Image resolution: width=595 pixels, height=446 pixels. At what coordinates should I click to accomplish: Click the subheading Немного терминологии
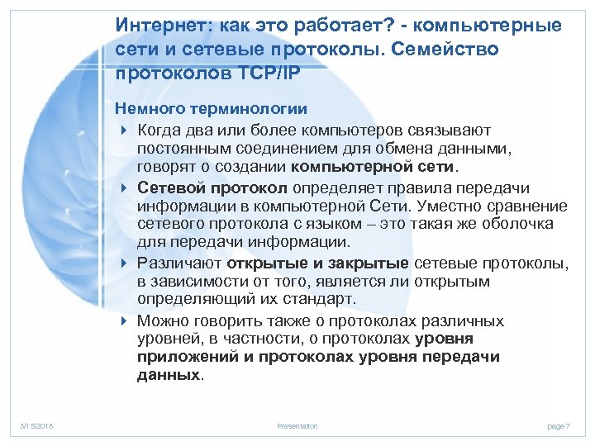coord(212,108)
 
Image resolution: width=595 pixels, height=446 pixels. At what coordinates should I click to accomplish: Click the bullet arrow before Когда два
coord(123,129)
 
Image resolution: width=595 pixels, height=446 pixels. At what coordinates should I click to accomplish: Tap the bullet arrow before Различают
coord(123,263)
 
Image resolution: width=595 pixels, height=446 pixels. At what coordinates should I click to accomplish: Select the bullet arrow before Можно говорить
coord(123,321)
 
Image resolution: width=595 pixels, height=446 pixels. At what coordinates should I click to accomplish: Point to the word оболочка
coord(529,225)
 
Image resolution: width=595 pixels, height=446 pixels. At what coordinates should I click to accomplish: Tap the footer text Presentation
coord(297,425)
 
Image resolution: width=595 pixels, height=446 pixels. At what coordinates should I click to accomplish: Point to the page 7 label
coord(559,425)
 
